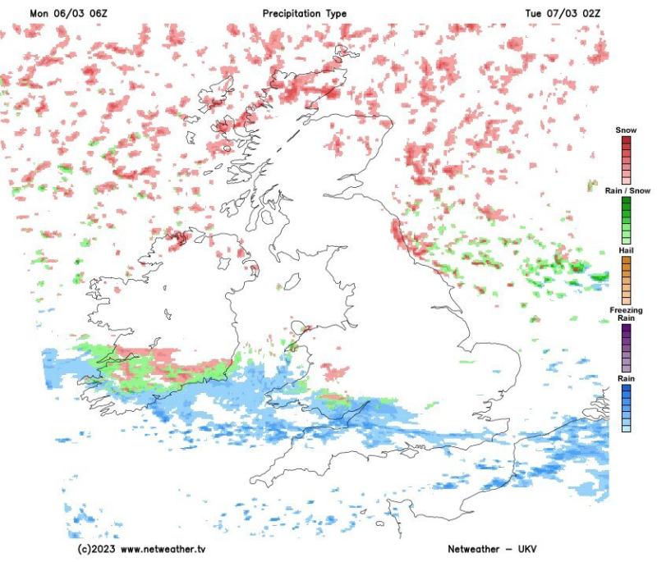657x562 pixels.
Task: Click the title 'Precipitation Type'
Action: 305,14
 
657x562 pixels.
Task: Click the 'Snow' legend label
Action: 626,130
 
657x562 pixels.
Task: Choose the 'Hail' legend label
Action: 626,249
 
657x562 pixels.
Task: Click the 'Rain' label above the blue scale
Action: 626,378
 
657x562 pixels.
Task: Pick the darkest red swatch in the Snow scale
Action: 626,140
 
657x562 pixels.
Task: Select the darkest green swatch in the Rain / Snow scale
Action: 626,201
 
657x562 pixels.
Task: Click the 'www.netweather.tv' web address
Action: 163,548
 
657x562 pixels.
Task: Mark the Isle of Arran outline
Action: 267,220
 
